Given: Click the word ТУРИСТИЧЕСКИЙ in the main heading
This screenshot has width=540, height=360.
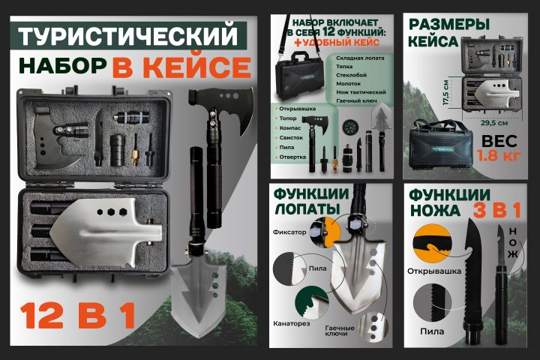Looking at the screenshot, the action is point(127,35).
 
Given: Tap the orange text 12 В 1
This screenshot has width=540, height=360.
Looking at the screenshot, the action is point(78,316).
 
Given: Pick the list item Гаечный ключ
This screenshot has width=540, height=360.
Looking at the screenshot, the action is point(356,101).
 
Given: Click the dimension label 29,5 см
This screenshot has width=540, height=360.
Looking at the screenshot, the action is point(493,123).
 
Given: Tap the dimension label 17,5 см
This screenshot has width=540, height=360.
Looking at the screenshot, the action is point(446,92).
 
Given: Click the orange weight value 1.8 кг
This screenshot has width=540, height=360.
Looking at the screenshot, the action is point(498,156).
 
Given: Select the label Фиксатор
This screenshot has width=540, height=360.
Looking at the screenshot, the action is point(289,232).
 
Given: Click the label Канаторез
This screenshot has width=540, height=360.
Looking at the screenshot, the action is point(291,323).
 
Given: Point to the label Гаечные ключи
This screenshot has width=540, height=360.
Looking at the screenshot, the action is point(339,331).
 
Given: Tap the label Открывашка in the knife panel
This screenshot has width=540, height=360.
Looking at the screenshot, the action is point(433,271).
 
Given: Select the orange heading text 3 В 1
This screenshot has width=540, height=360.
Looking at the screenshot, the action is point(496,210).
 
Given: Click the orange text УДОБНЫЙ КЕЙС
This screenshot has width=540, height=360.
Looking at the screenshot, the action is point(336,43).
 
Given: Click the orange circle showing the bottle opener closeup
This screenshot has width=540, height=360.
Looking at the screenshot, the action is point(432,243).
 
